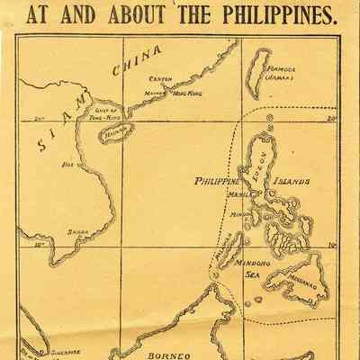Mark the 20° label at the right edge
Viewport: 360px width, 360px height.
coord(331,118)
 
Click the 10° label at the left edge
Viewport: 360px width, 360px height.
coord(39,244)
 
